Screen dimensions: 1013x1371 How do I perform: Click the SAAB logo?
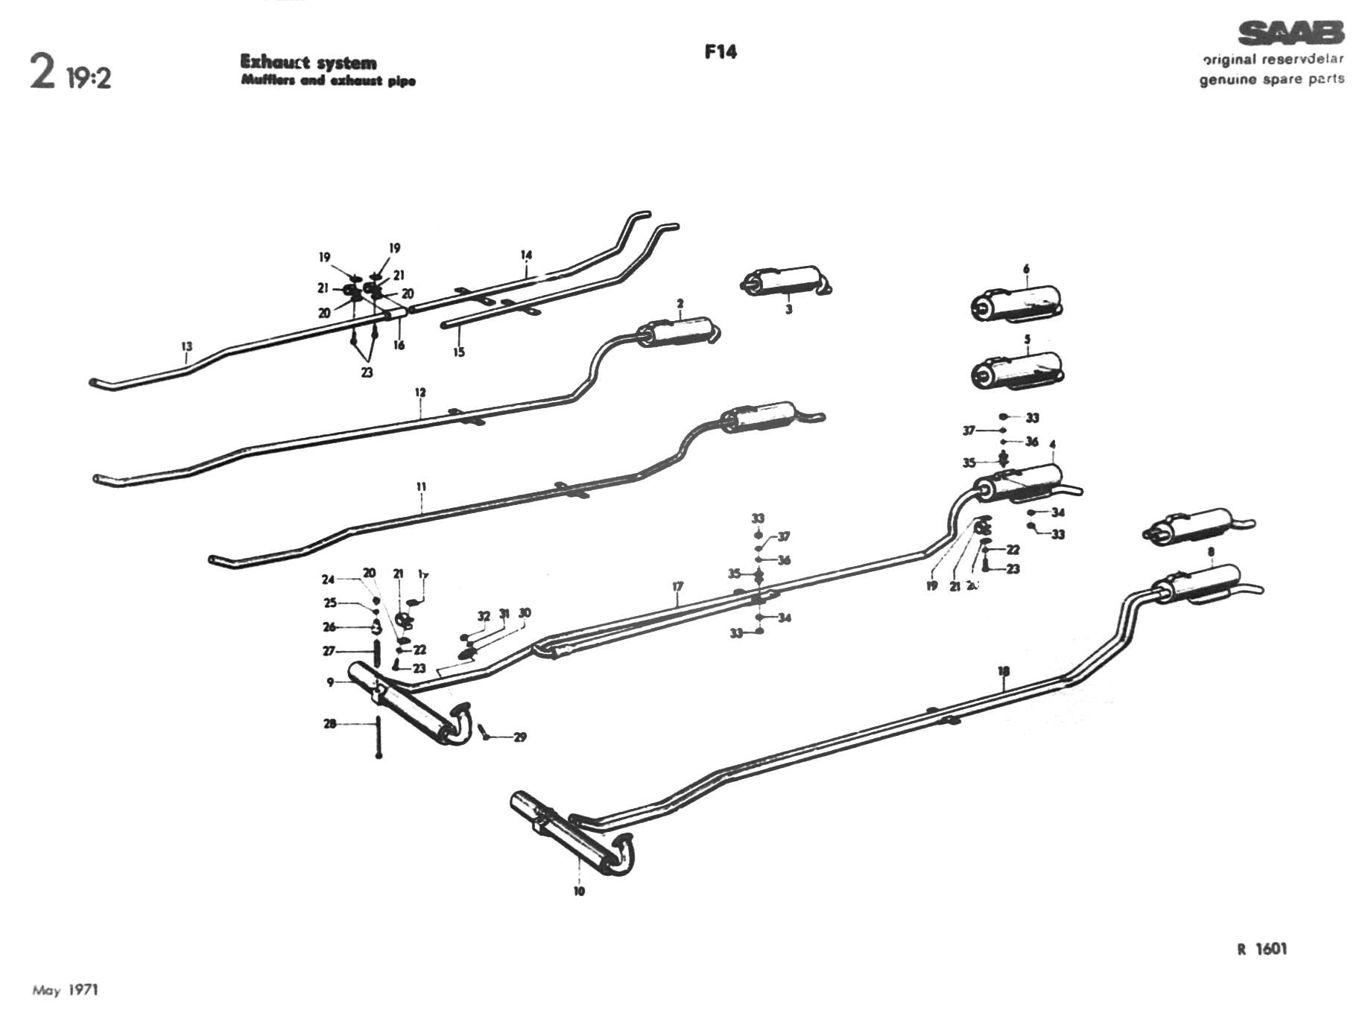coord(1291,34)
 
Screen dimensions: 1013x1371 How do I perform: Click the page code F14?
coord(720,52)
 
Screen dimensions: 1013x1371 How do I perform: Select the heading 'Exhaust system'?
coord(308,63)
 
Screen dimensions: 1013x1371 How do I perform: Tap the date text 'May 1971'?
coord(65,990)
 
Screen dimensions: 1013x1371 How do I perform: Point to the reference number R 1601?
coord(1261,949)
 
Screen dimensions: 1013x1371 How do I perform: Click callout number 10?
coord(579,891)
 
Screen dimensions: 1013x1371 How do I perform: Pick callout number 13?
coord(186,346)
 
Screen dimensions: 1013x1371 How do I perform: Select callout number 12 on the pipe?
coord(420,393)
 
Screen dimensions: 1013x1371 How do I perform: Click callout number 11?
coord(421,487)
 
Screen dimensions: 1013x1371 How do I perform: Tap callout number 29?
coord(520,737)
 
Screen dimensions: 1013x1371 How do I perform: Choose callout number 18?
coord(1004,671)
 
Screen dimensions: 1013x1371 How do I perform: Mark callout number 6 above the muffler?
coord(1026,269)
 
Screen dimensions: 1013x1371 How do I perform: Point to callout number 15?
coord(459,352)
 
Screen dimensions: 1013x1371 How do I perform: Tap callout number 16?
coord(399,345)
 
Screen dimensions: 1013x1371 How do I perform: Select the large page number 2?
coord(42,73)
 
